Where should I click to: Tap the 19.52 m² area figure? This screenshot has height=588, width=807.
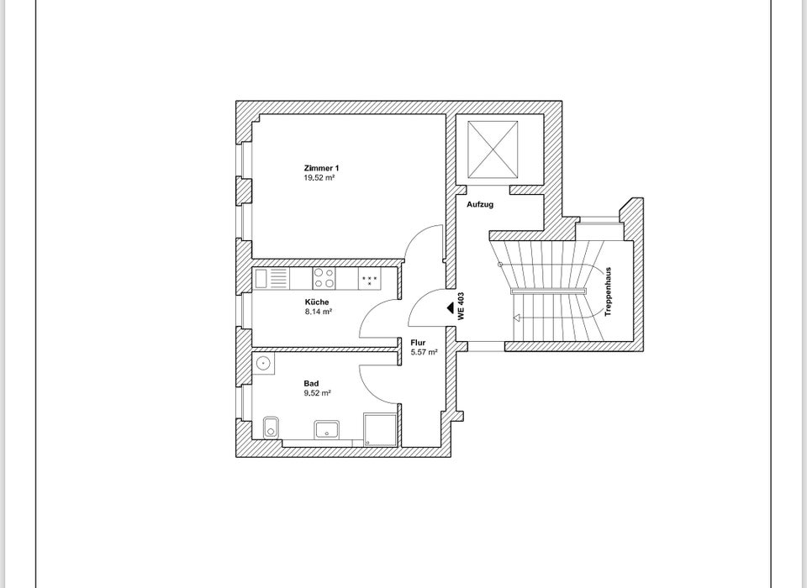(320, 177)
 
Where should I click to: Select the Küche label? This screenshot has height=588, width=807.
(317, 302)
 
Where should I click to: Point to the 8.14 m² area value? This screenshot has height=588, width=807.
(318, 311)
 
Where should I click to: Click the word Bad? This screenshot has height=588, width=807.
(310, 383)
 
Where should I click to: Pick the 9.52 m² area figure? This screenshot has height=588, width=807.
(317, 392)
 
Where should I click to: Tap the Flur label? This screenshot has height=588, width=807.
(418, 343)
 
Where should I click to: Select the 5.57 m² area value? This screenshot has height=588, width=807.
(424, 352)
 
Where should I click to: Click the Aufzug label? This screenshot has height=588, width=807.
(480, 204)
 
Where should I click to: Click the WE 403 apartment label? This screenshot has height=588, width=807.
(461, 307)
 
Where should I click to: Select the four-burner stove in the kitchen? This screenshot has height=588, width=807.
(324, 278)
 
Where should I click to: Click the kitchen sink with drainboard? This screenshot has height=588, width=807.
(271, 278)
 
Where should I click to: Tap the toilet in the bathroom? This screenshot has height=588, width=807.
(270, 427)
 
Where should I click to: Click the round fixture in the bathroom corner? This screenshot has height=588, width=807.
(264, 364)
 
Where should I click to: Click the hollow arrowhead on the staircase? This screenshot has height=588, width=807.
(517, 318)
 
